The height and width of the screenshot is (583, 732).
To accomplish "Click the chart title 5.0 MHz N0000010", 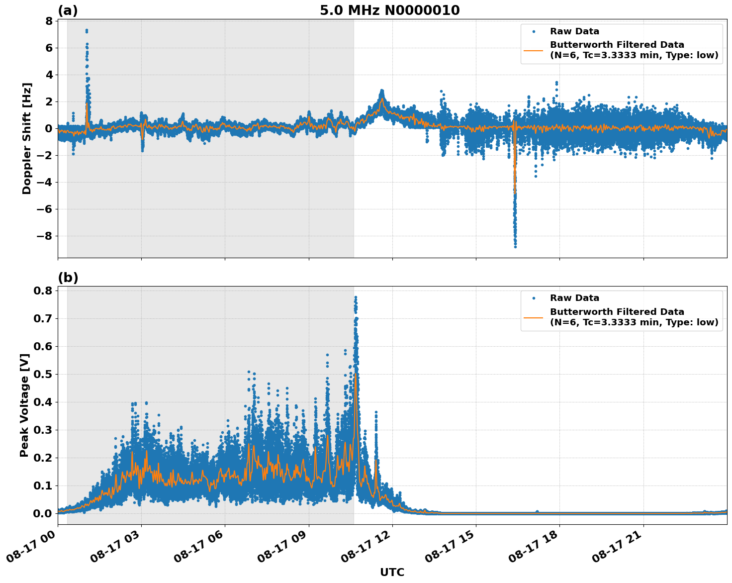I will (389, 10).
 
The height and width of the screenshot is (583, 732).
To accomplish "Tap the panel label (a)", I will (68, 10).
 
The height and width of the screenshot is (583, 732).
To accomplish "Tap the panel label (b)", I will (68, 278).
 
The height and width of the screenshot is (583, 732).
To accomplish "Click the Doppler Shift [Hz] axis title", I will (27, 138).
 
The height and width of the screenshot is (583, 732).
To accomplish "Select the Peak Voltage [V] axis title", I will (24, 405).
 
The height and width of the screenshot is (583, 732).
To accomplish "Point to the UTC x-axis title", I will (392, 572).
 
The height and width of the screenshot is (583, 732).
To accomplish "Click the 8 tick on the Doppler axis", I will (49, 21).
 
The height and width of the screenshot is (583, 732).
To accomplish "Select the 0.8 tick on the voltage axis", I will (43, 291).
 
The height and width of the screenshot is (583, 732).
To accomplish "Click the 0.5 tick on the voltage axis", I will (43, 374).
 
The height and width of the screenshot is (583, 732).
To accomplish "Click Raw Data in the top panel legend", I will (574, 31).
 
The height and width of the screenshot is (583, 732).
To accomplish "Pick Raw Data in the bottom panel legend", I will (574, 298).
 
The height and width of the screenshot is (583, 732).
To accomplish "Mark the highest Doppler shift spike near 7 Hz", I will (87, 30).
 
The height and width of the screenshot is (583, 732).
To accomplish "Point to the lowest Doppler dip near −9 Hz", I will (515, 246).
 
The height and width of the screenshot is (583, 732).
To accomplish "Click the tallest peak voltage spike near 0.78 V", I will (356, 297).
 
